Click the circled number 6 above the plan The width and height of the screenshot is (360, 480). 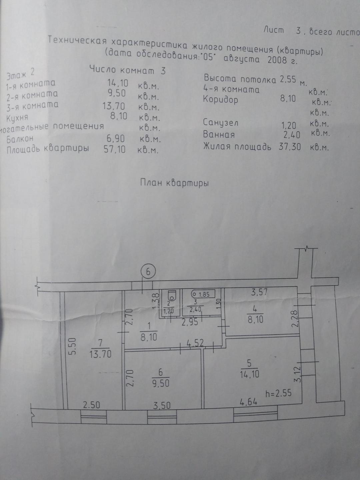click(148, 272)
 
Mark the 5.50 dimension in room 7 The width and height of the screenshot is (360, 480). click(73, 346)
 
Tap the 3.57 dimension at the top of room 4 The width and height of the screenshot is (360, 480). click(260, 293)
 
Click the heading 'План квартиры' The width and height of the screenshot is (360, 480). click(174, 183)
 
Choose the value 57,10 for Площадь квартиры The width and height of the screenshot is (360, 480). click(115, 149)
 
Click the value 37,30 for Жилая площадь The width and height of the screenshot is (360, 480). click(290, 146)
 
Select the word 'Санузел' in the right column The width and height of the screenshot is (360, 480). click(221, 122)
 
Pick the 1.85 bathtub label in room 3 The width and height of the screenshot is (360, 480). click(203, 294)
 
